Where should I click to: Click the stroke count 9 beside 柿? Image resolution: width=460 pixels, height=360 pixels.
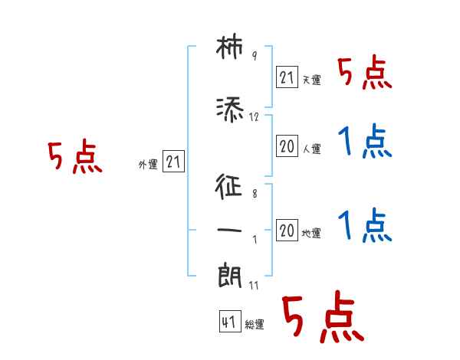click(254, 56)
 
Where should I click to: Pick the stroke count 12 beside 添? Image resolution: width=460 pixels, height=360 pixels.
click(255, 117)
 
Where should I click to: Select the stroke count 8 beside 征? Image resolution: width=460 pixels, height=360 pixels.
click(254, 195)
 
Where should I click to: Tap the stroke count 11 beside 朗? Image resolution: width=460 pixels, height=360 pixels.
click(255, 285)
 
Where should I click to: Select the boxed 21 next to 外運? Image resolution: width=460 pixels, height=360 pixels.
click(173, 162)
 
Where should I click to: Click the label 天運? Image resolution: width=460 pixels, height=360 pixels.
click(311, 80)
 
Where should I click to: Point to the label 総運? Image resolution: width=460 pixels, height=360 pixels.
click(255, 325)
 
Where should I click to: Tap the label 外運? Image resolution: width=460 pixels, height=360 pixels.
click(147, 164)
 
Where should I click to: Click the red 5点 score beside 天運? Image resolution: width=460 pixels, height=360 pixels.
click(365, 74)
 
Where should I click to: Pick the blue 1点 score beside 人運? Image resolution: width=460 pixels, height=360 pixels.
click(365, 142)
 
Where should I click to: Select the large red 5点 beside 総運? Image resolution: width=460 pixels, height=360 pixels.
click(322, 319)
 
